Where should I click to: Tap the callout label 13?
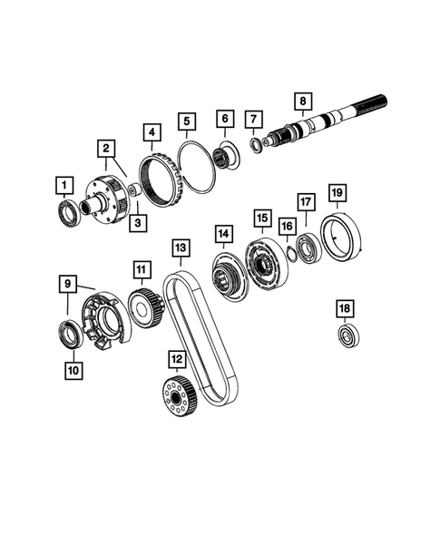pos(180,248)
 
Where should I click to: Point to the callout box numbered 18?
pos(344,309)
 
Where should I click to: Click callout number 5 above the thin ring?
pos(187,121)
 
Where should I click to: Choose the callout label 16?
pos(287,226)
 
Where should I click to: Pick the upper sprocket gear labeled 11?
pos(144,306)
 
